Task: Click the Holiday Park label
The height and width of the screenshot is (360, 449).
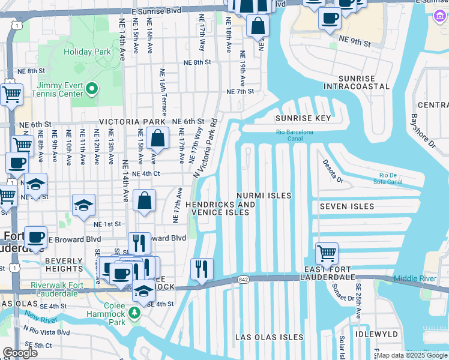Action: [x=87, y=52]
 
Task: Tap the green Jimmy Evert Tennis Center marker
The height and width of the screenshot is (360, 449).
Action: [x=91, y=89]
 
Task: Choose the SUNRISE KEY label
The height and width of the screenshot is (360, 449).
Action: [x=303, y=118]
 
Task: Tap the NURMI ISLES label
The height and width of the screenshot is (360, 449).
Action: [x=264, y=196]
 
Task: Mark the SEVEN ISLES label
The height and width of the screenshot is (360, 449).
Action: [x=347, y=206]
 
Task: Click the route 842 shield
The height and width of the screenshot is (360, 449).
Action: [x=243, y=279]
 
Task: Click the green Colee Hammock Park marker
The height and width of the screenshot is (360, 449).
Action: [x=136, y=312]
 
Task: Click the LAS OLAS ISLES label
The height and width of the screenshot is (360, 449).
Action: [x=269, y=337]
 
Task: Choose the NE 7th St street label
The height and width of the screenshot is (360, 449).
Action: [x=240, y=92]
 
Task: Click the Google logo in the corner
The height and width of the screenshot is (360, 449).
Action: [x=20, y=353]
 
